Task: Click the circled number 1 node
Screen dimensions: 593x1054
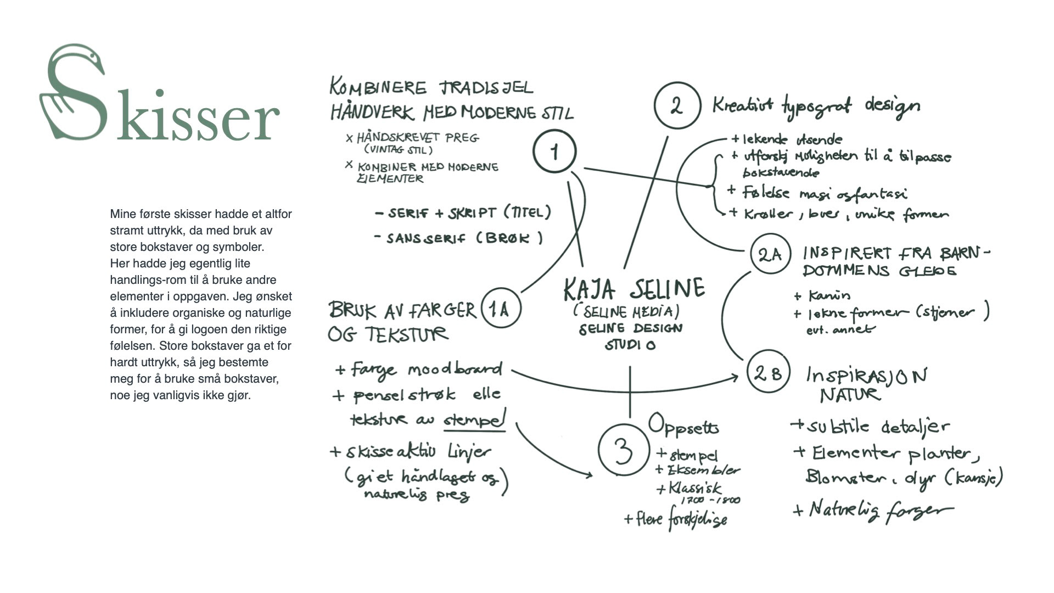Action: click(x=554, y=152)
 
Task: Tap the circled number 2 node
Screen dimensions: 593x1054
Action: click(x=677, y=105)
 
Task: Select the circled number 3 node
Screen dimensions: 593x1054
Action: click(x=623, y=450)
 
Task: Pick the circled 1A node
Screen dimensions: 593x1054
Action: click(x=500, y=309)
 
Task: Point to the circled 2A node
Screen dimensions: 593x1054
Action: click(x=770, y=254)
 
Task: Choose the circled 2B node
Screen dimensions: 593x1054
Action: click(x=768, y=373)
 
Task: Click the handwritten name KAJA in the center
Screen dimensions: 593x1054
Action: click(x=590, y=289)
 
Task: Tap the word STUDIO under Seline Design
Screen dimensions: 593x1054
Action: click(x=630, y=345)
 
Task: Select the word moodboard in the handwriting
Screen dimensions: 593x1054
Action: click(x=455, y=370)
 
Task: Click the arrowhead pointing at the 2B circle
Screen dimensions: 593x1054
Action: click(x=735, y=377)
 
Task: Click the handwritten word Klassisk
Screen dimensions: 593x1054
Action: click(x=694, y=488)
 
